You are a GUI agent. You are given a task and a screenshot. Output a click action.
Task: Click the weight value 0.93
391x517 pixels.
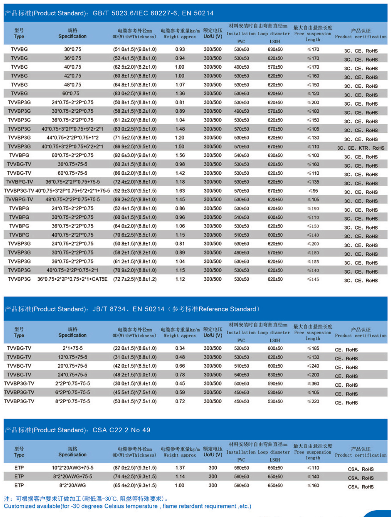pyautogui.click(x=180, y=49)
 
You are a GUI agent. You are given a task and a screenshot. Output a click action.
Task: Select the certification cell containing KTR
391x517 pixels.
pyautogui.click(x=361, y=148)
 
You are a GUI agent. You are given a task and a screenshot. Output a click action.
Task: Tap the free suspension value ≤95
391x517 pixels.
pyautogui.click(x=313, y=191)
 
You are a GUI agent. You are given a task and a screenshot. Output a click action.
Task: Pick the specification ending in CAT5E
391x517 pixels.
pyautogui.click(x=72, y=279)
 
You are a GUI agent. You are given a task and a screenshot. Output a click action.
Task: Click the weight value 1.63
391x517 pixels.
pyautogui.click(x=180, y=191)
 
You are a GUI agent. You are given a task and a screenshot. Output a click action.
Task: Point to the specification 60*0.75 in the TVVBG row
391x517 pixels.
pyautogui.click(x=71, y=93)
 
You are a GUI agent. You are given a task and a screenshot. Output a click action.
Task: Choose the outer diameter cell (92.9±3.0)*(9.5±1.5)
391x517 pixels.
pyautogui.click(x=135, y=191)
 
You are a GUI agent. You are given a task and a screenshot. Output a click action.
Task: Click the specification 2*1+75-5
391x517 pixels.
pyautogui.click(x=72, y=348)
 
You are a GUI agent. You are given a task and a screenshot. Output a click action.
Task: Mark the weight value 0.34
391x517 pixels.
pyautogui.click(x=180, y=348)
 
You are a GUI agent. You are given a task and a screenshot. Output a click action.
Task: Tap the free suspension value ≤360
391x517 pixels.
pyautogui.click(x=313, y=384)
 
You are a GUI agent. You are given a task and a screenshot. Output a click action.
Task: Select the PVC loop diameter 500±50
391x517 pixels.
pyautogui.click(x=241, y=384)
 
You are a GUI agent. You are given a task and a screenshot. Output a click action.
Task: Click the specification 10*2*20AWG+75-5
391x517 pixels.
pyautogui.click(x=72, y=468)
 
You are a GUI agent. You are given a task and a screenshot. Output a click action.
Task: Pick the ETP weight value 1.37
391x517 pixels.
pyautogui.click(x=180, y=468)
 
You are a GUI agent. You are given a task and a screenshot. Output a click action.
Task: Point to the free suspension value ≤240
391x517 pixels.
pyautogui.click(x=313, y=366)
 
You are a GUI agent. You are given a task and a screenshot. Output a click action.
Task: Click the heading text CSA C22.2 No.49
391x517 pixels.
pyautogui.click(x=121, y=430)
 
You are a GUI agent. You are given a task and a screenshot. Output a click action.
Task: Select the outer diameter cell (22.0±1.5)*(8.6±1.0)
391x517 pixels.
pyautogui.click(x=135, y=348)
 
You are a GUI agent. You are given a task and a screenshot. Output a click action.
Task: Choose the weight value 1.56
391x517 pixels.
pyautogui.click(x=180, y=155)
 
